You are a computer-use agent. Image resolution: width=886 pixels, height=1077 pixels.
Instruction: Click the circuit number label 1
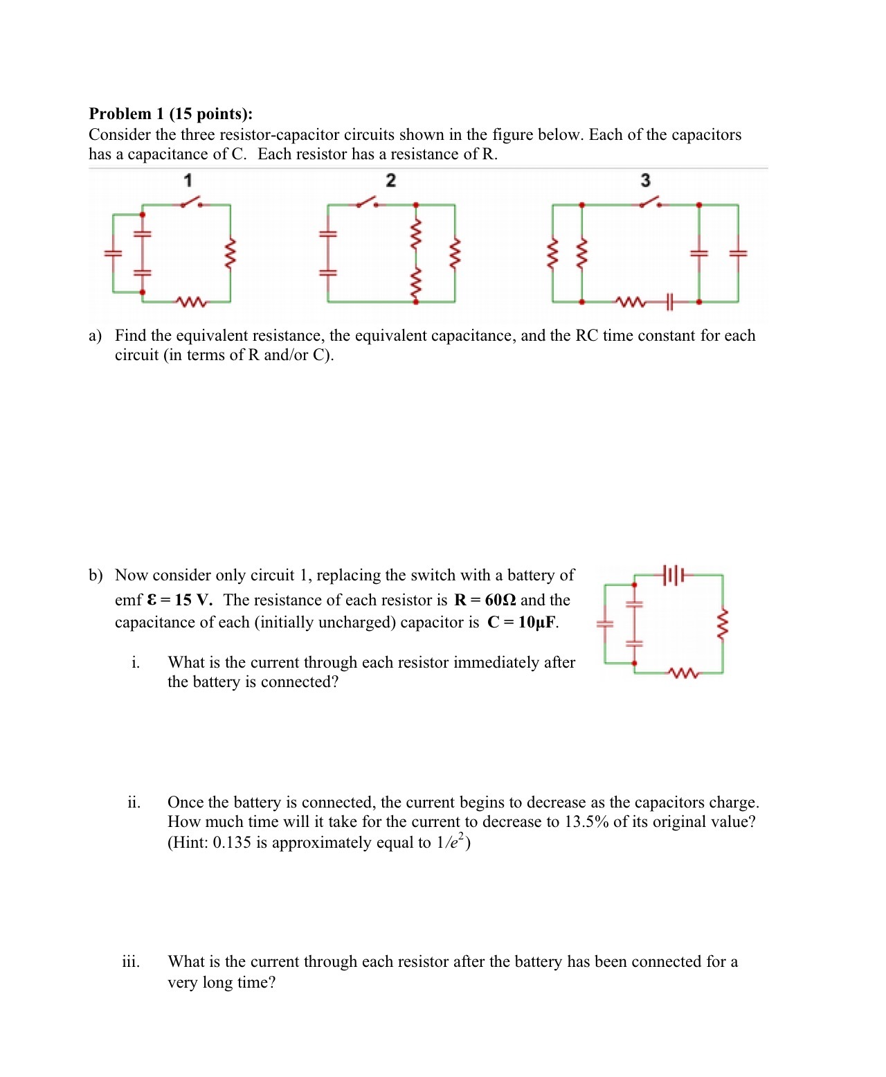(x=188, y=181)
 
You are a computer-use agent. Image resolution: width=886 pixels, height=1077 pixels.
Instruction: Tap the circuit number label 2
(x=390, y=181)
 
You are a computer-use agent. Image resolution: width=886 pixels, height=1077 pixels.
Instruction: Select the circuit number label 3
(x=645, y=181)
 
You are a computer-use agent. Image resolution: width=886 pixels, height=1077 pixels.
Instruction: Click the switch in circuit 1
(x=191, y=203)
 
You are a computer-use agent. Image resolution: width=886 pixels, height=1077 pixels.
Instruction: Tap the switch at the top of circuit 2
(x=367, y=203)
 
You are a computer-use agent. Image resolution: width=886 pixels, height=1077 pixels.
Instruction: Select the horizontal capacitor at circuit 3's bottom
(x=669, y=302)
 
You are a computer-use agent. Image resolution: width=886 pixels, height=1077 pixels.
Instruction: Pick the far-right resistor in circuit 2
(x=455, y=253)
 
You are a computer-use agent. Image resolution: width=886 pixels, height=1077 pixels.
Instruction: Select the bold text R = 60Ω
(x=485, y=600)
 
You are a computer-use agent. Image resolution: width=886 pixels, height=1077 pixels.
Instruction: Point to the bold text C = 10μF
(x=523, y=622)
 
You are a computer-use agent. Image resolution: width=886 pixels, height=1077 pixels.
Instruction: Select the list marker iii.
(x=131, y=962)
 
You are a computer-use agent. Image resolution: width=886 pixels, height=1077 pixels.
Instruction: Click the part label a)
(x=96, y=336)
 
